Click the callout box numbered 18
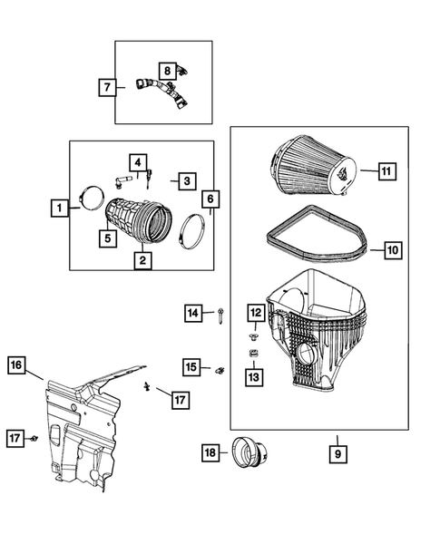coord(210,451)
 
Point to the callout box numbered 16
coord(16,365)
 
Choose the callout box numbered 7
coord(108,87)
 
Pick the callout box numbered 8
coord(167,70)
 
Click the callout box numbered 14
coord(193,313)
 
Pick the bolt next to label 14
coord(221,315)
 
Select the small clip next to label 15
coord(220,369)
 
